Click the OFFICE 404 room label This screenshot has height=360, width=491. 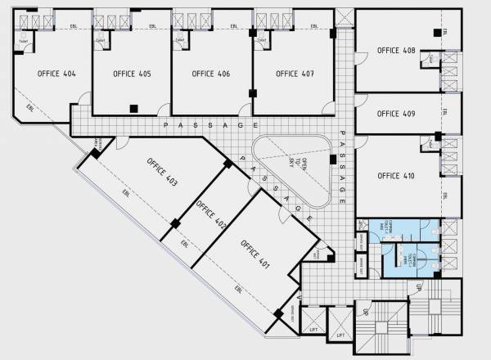56,74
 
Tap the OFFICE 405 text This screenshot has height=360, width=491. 133,74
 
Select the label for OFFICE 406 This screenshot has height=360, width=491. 210,74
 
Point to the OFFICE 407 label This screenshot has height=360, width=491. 295,74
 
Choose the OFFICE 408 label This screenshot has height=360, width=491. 396,51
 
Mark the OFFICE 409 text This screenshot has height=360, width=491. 396,115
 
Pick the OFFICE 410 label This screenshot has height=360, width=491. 396,176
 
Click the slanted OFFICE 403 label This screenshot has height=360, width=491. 163,170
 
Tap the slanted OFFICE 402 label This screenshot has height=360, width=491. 210,212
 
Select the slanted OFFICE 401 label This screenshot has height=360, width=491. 255,254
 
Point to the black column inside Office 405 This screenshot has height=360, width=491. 133,106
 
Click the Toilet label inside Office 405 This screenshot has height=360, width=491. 101,38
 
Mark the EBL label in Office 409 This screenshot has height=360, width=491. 444,112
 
